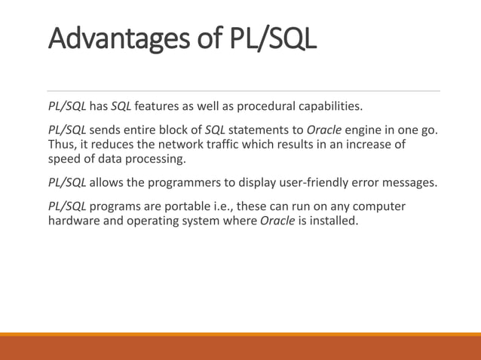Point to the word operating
[x=158, y=221]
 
